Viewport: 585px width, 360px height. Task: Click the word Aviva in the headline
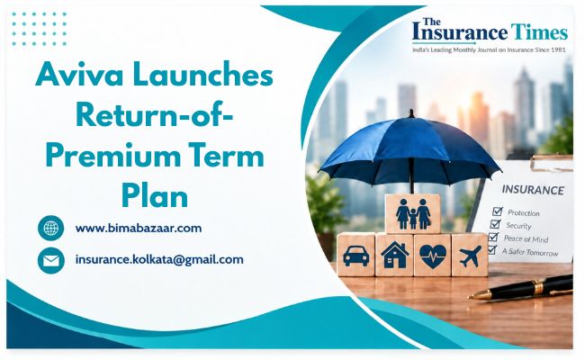point(78,75)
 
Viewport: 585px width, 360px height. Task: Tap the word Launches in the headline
point(202,75)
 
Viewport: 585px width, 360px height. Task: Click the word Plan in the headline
point(155,196)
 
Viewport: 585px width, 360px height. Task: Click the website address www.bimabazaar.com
point(139,228)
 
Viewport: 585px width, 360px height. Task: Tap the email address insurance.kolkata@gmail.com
point(159,259)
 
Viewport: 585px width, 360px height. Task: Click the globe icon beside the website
point(51,228)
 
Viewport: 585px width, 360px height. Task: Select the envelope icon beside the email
point(51,260)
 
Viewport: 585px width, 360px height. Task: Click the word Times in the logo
point(539,32)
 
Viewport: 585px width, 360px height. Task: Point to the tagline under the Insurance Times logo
point(489,49)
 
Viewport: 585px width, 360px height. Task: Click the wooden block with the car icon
point(355,256)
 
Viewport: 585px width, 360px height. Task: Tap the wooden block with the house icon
point(394,256)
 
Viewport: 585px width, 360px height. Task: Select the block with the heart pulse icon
point(432,256)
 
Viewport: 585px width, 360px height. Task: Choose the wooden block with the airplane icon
point(470,256)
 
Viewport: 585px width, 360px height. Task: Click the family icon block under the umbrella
point(412,214)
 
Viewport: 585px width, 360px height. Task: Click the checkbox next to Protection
point(498,211)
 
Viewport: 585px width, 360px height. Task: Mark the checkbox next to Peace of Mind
point(493,237)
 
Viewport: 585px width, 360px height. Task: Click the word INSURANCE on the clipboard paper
point(533,190)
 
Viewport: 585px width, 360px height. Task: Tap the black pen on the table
point(521,288)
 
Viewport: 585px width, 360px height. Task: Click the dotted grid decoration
point(40,29)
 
